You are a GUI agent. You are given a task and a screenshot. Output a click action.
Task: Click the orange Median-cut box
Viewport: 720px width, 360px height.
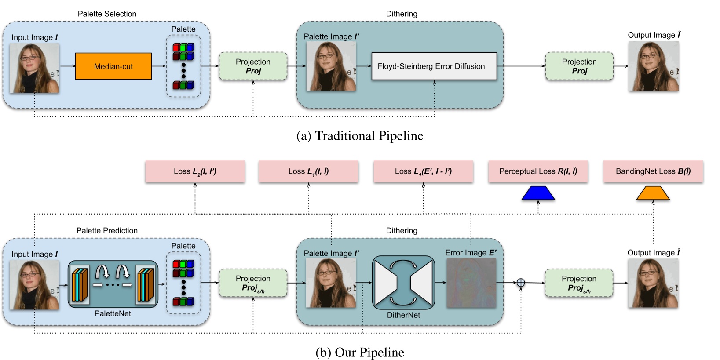click(x=113, y=66)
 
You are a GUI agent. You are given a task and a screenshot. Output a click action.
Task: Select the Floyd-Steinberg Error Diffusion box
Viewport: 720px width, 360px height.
click(x=434, y=66)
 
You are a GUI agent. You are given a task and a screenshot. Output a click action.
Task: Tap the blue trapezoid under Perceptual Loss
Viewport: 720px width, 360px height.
click(x=538, y=193)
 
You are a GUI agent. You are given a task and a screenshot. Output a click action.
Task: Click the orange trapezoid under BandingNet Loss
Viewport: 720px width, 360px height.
click(x=653, y=193)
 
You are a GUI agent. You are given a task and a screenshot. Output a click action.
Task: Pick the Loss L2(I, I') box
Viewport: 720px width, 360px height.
click(x=195, y=171)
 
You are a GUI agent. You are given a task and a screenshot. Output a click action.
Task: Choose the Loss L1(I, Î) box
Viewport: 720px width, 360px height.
click(x=308, y=171)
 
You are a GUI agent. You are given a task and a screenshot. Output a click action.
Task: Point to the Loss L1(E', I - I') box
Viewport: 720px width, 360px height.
click(x=423, y=171)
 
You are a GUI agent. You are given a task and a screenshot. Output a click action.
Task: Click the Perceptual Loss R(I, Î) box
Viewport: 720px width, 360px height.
click(x=538, y=171)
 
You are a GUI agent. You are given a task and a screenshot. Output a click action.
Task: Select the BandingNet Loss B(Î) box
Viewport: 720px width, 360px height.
click(x=653, y=171)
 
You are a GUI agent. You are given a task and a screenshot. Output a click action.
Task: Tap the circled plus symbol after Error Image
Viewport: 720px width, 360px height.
click(x=520, y=283)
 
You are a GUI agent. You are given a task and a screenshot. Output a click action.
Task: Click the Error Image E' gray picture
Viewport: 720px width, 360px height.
click(x=471, y=283)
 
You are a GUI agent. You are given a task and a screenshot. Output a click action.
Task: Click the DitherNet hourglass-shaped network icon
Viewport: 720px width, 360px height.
click(x=403, y=283)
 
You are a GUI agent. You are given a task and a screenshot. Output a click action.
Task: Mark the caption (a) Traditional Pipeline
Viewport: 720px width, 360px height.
click(x=360, y=136)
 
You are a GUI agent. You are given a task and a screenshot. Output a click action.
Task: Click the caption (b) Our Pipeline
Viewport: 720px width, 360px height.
click(x=360, y=353)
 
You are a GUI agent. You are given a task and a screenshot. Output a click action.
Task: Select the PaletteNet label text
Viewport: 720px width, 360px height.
click(x=113, y=314)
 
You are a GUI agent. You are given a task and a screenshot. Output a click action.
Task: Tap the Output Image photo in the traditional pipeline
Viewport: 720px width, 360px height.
click(x=653, y=66)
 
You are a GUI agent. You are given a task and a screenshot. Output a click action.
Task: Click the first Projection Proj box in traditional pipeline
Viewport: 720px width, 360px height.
click(x=253, y=66)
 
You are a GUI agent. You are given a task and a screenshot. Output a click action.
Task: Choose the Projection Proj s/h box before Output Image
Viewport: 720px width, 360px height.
click(x=579, y=283)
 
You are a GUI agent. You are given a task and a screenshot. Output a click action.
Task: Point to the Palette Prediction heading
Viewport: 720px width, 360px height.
click(x=107, y=231)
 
